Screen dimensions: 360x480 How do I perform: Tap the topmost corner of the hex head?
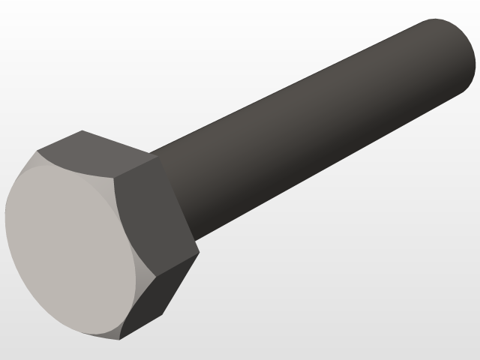pyautogui.click(x=81, y=131)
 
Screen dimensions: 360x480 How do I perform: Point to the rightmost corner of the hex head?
pyautogui.click(x=199, y=253)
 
